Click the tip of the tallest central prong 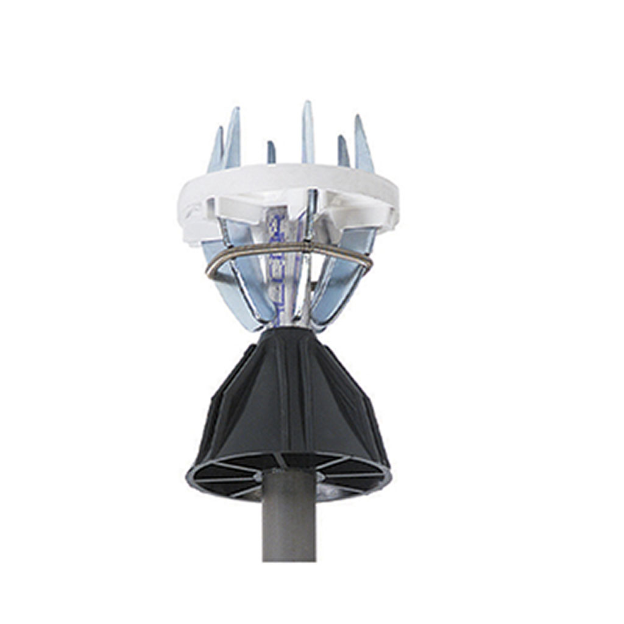point(307,104)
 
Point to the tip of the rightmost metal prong point(358,117)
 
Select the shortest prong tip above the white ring point(271,144)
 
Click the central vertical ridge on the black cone point(291,402)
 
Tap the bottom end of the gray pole point(289,558)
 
